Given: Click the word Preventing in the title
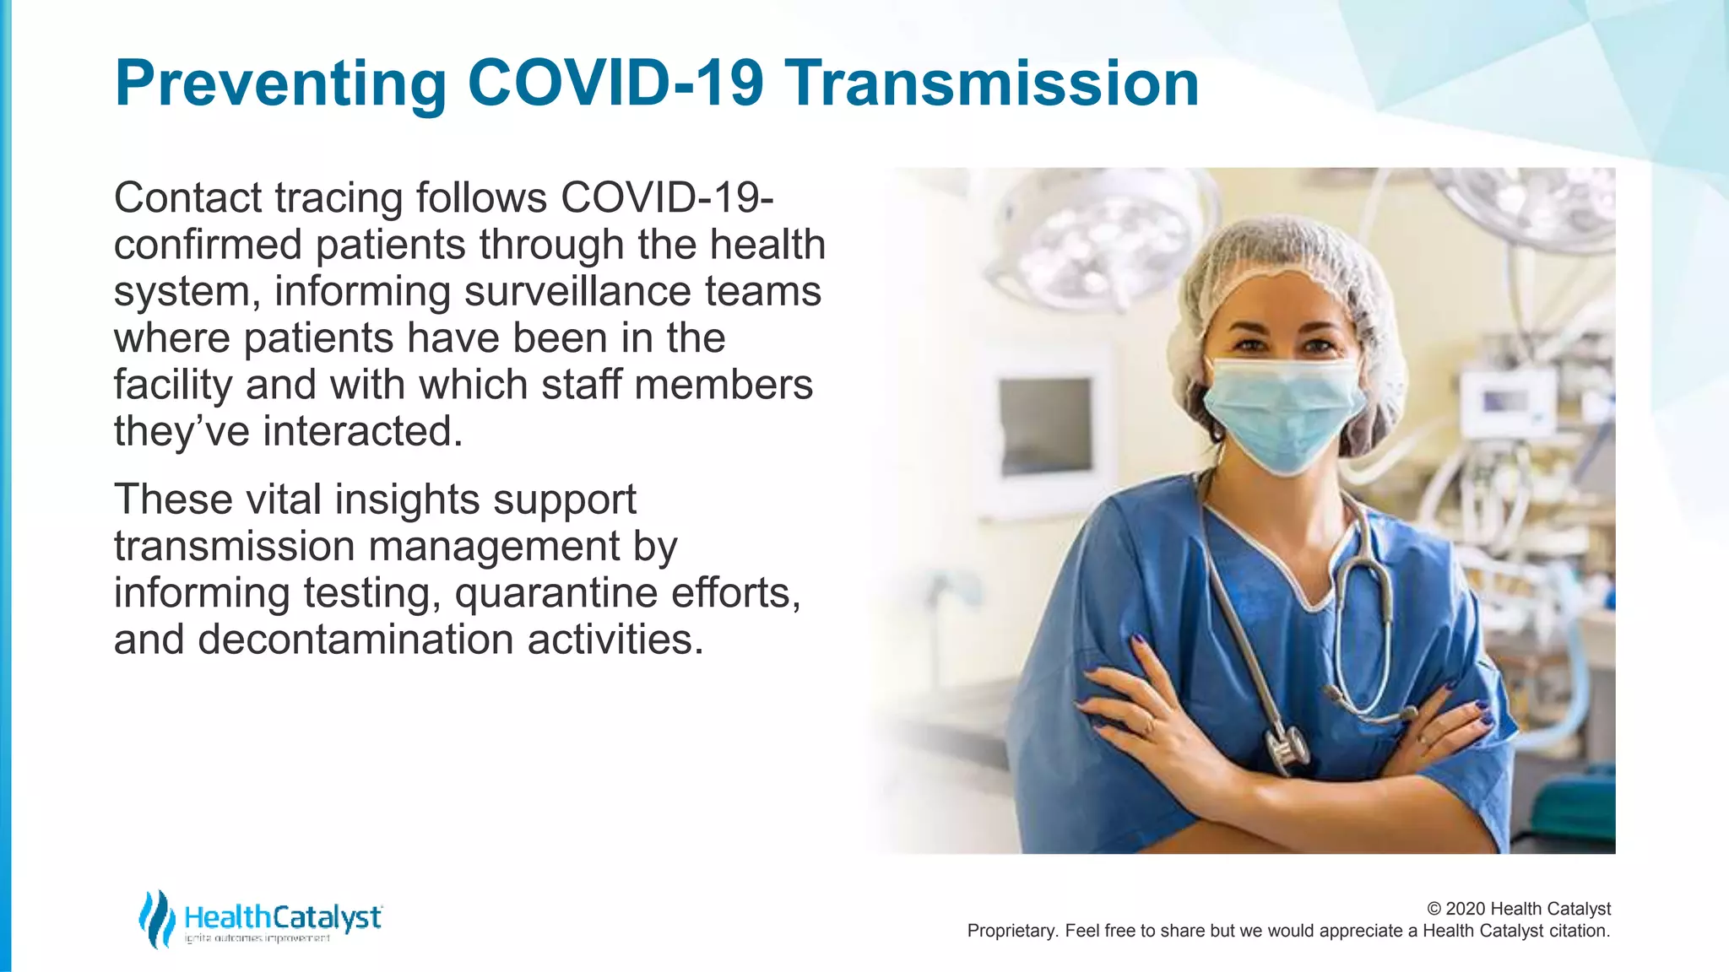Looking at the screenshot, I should click(280, 84).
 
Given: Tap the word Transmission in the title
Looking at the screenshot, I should click(992, 84).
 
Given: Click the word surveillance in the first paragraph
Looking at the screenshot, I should click(577, 292).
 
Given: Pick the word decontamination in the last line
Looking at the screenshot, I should click(355, 640).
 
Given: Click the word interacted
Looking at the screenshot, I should click(363, 431).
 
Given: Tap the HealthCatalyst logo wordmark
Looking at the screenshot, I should click(282, 917).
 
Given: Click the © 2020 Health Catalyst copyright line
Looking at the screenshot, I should click(1518, 909).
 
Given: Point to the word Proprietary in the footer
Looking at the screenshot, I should click(1011, 931).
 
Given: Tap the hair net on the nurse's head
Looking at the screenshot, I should click(1283, 262).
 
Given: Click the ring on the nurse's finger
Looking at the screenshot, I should click(1149, 724).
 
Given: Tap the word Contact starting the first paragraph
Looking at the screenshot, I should click(188, 198).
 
